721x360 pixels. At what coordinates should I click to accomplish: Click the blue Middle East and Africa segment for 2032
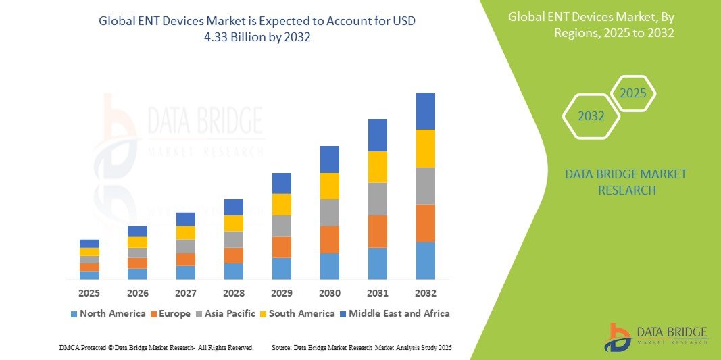[x=425, y=111]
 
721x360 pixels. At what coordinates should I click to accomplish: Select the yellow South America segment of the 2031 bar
[x=377, y=167]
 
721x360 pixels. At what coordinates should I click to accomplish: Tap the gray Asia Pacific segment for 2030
[x=329, y=212]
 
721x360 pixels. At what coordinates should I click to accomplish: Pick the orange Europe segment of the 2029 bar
[x=281, y=247]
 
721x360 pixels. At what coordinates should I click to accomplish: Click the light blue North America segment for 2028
[x=233, y=271]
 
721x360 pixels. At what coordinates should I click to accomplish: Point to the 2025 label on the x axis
[x=89, y=293]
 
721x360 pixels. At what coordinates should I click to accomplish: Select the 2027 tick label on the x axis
[x=185, y=293]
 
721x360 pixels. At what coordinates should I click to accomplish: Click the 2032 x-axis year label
[x=425, y=293]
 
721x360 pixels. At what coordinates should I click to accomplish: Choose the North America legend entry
[x=107, y=313]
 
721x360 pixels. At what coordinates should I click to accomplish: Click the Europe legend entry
[x=173, y=313]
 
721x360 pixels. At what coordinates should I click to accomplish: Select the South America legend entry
[x=301, y=313]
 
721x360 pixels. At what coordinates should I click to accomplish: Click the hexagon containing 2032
[x=591, y=116]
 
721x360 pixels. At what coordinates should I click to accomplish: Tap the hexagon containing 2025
[x=633, y=93]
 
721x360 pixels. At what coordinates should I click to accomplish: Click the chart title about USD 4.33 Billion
[x=257, y=29]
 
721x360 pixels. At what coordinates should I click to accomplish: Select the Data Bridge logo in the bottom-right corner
[x=656, y=336]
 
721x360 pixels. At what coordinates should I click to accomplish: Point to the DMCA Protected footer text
[x=156, y=347]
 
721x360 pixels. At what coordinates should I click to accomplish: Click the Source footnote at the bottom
[x=361, y=347]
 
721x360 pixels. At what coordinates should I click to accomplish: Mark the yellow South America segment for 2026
[x=137, y=242]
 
